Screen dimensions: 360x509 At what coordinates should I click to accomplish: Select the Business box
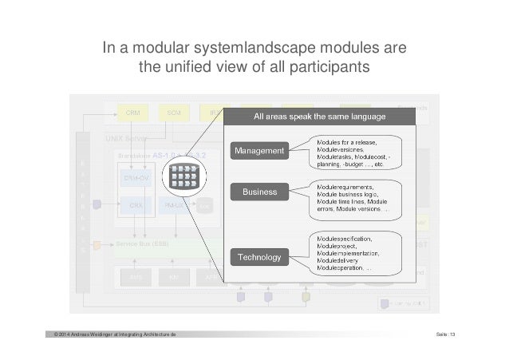pyautogui.click(x=259, y=192)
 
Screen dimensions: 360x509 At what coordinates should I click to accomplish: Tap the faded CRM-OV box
pyautogui.click(x=135, y=177)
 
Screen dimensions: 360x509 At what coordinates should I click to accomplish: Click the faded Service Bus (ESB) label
pyautogui.click(x=142, y=243)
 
